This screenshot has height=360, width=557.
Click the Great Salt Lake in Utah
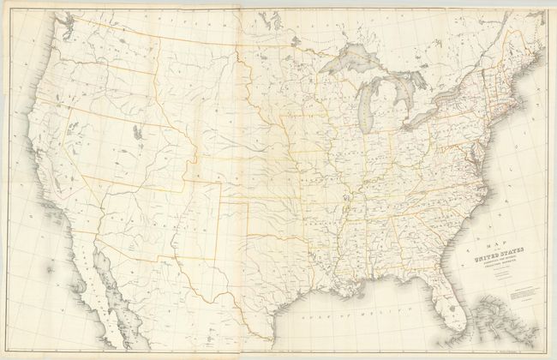tap(137, 133)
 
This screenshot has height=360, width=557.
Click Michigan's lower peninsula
tap(390, 116)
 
